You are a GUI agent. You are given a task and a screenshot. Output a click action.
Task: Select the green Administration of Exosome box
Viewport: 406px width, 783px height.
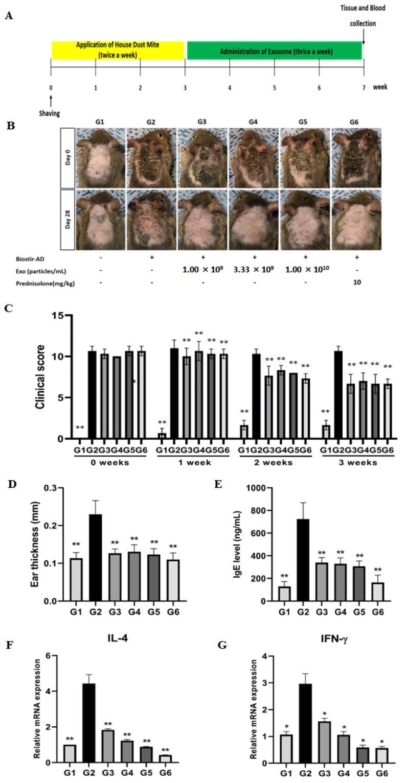pyautogui.click(x=275, y=51)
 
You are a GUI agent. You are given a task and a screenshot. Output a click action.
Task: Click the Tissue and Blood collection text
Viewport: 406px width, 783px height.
pyautogui.click(x=363, y=15)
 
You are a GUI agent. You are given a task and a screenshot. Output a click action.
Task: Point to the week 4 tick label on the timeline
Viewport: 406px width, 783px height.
pyautogui.click(x=230, y=87)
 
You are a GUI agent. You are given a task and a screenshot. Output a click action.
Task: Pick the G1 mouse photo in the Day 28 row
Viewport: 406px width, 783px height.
pyautogui.click(x=101, y=219)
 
